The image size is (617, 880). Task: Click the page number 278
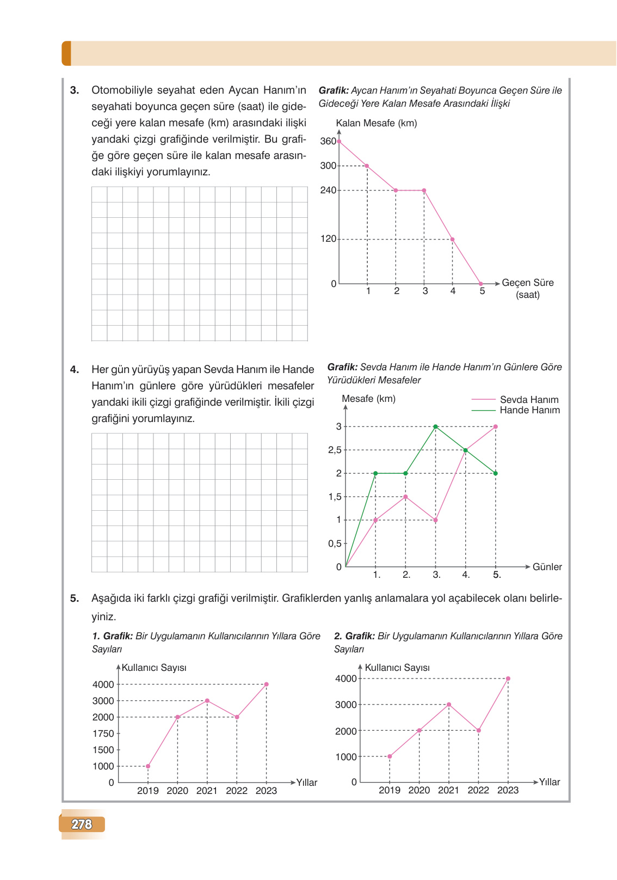tap(82, 824)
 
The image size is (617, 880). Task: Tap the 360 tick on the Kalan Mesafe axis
tap(328, 141)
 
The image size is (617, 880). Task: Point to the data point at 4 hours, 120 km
tap(452, 239)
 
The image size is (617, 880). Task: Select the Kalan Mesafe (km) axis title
tap(377, 123)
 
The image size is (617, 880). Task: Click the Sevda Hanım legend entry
tap(529, 400)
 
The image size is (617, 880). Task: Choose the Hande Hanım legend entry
tap(529, 410)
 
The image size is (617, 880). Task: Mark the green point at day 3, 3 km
tap(435, 426)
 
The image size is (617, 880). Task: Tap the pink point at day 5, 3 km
tap(495, 426)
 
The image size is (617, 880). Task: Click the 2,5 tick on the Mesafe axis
tap(335, 450)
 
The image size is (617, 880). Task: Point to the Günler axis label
tap(547, 567)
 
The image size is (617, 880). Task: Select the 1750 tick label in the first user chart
tap(103, 734)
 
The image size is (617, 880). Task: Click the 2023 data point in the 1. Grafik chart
tap(266, 684)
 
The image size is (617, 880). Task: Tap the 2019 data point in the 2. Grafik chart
tap(390, 756)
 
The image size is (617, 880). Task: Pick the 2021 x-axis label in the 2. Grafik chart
tap(448, 790)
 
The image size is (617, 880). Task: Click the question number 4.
tap(75, 370)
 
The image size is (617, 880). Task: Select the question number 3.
tap(75, 90)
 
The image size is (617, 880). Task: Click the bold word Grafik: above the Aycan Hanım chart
tap(334, 90)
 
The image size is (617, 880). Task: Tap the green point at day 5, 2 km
tap(495, 473)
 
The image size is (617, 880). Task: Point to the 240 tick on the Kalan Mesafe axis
tap(328, 190)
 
